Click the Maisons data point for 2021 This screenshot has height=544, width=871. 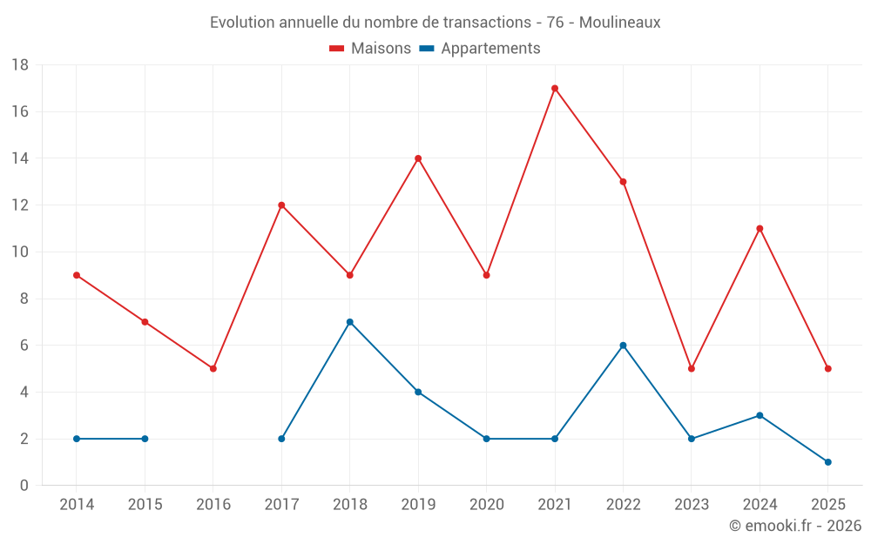click(555, 88)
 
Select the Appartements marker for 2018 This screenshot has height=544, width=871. click(349, 322)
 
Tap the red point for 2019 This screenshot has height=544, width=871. click(418, 158)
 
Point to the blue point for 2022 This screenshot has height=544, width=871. click(623, 346)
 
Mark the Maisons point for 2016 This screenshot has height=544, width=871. click(213, 368)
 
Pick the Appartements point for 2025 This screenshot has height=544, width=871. click(827, 462)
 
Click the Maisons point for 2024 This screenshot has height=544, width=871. click(760, 229)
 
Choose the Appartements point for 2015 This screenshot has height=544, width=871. click(145, 439)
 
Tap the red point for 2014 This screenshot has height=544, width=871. click(77, 275)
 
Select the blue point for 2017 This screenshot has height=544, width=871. click(281, 439)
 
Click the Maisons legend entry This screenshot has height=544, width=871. click(370, 49)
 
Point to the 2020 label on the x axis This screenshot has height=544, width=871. click(486, 505)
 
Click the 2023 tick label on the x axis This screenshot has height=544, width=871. click(691, 505)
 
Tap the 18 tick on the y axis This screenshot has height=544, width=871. click(20, 65)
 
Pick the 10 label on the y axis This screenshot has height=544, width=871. click(20, 252)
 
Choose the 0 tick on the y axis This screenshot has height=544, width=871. click(24, 486)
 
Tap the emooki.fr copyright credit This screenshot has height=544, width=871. click(794, 526)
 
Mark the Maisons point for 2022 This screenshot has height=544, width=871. click(623, 182)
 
